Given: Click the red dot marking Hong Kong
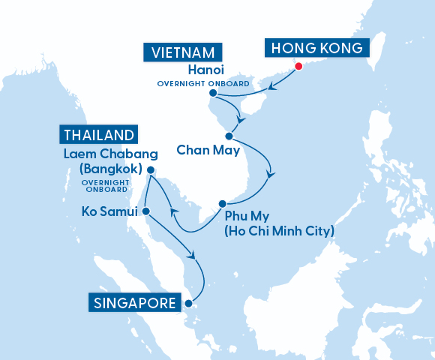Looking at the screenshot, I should point(298,66).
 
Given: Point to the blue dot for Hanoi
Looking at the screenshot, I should point(213,94).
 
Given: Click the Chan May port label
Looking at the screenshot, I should point(208,150).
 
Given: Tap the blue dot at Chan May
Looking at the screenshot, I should point(229,136).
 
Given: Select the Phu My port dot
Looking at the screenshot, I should point(222,203).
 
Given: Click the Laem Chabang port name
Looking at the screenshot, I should point(111,154).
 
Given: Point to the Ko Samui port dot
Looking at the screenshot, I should point(146,211).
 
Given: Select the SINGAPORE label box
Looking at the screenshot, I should point(136,303).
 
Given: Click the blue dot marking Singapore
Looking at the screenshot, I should point(188,303).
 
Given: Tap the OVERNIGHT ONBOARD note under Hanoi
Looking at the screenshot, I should point(203,83).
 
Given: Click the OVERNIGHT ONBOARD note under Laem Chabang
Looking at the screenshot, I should point(105,185).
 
